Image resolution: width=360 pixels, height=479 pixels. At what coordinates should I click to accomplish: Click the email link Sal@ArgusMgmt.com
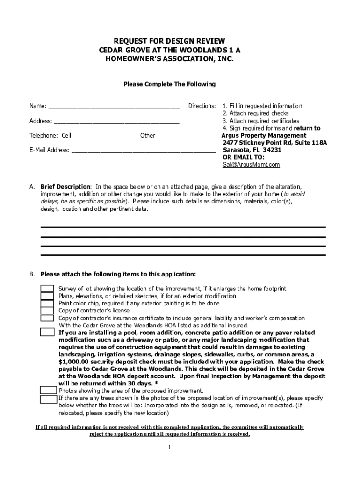tap(251, 165)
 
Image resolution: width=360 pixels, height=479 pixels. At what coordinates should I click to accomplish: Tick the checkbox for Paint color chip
tap(47, 304)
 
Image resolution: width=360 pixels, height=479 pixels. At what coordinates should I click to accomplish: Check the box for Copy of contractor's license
tap(47, 311)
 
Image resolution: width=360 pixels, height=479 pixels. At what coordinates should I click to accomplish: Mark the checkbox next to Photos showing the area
tap(48, 391)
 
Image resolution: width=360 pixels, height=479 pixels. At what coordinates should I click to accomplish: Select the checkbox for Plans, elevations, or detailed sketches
tap(47, 296)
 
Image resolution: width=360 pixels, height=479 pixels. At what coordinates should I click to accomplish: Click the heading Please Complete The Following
tap(169, 84)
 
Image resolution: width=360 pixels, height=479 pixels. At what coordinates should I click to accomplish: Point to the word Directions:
tap(202, 106)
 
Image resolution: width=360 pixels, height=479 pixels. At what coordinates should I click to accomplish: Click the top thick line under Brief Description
tap(183, 227)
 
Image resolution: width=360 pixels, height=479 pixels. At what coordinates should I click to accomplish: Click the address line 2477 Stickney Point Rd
tap(262, 143)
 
